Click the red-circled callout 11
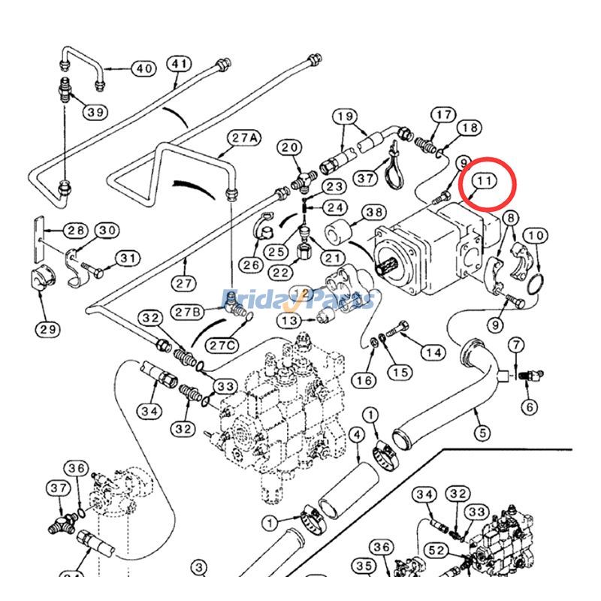point(484,181)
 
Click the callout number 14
point(432,351)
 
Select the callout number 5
point(481,433)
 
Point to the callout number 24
point(335,207)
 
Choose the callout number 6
point(530,406)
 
